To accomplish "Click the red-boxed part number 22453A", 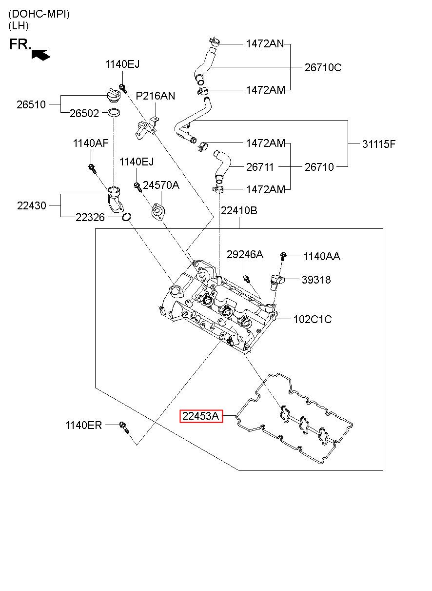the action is [x=201, y=416].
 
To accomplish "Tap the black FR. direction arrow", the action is [x=40, y=55].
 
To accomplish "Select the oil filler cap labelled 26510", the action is [x=114, y=96].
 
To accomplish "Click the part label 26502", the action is [x=84, y=113].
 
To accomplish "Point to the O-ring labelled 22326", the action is [x=127, y=217].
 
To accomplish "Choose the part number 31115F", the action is [x=379, y=144].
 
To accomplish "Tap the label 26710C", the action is [x=323, y=67].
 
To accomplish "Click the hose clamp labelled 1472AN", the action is [x=214, y=41].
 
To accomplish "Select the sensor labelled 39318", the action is [x=277, y=281].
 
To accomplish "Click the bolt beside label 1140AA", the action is [x=283, y=256].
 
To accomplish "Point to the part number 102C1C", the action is [x=313, y=319].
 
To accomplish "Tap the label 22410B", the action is [x=239, y=210].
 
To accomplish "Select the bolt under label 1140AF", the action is [x=92, y=168].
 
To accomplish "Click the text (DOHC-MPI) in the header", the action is [x=39, y=14].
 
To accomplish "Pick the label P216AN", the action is [x=155, y=96].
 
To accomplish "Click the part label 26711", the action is [x=260, y=167].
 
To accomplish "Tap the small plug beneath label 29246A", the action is [x=246, y=278].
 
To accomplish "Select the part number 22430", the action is [x=32, y=205].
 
